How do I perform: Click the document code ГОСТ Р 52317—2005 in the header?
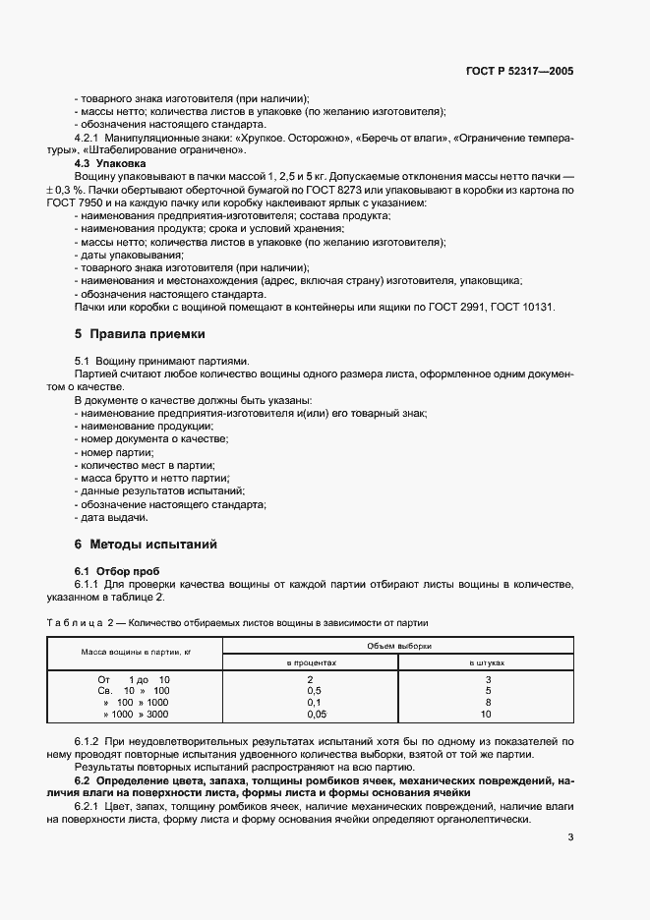coord(519,72)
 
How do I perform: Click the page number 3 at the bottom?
coord(570,838)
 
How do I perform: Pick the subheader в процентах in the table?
coord(311,663)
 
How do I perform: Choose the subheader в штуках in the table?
coord(487,663)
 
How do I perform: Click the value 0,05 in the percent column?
coord(312,716)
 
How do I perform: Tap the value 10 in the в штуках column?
coord(487,716)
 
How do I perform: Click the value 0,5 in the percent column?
coord(312,691)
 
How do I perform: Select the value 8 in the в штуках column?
coord(487,704)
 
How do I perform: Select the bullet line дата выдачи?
coord(113,517)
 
